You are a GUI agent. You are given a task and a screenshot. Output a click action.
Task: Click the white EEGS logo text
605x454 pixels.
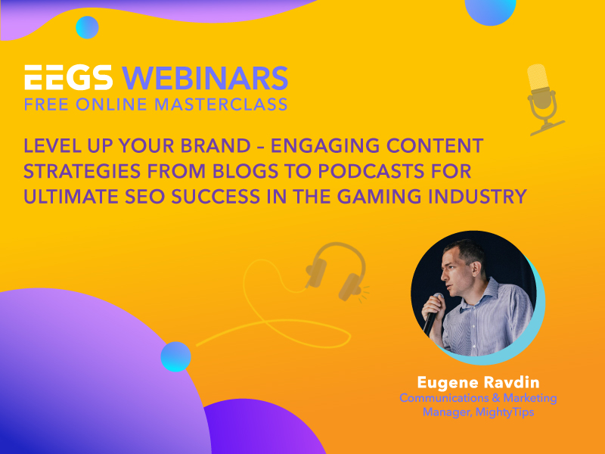69,77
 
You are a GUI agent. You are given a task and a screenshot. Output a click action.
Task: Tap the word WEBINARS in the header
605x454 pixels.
205,78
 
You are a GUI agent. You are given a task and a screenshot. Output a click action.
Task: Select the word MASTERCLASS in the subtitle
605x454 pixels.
221,104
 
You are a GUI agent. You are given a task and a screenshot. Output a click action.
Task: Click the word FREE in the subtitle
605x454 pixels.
46,104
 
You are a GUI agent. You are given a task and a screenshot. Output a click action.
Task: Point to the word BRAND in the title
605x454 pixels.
216,146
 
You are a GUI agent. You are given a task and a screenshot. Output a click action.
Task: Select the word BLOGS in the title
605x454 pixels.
245,171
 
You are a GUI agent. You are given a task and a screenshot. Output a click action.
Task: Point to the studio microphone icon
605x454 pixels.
543,99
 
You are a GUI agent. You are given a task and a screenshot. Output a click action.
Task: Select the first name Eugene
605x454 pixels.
448,383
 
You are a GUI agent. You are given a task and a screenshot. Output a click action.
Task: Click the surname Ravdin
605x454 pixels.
512,382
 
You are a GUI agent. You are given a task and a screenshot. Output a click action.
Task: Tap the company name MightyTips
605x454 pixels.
504,412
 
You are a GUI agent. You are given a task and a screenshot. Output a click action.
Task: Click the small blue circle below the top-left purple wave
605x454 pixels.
87,27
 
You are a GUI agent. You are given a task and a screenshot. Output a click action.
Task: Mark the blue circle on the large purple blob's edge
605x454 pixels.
175,356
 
